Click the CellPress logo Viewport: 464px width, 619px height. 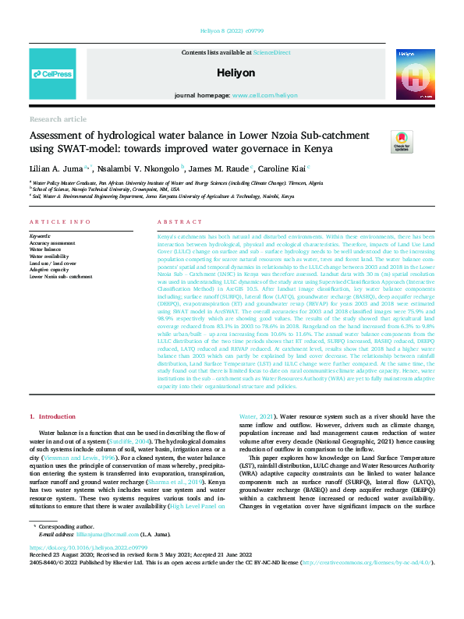tap(53, 74)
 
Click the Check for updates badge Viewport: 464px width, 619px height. tap(402, 143)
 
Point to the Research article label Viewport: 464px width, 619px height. tap(58, 119)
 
